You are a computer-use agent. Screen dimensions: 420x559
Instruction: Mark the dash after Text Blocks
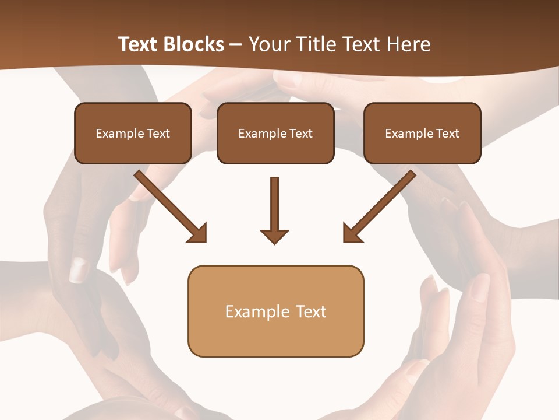pyautogui.click(x=236, y=45)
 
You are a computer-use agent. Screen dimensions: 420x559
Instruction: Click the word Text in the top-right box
pyautogui.click(x=448, y=134)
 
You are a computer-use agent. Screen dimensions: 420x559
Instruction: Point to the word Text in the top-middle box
pyautogui.click(x=301, y=134)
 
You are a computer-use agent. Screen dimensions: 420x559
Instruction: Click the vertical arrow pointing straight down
pyautogui.click(x=274, y=204)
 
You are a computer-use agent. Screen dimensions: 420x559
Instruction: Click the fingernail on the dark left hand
pyautogui.click(x=78, y=270)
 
